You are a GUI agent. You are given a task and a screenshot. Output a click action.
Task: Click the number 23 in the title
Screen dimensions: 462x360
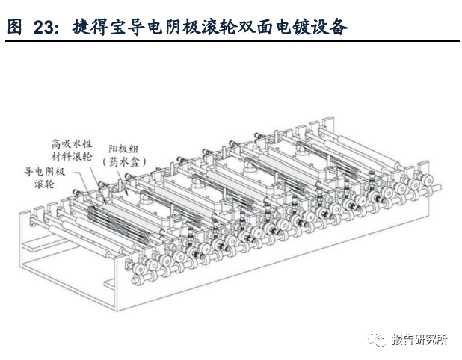(43, 28)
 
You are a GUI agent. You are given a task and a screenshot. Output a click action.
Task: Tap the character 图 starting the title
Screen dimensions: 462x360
(15, 28)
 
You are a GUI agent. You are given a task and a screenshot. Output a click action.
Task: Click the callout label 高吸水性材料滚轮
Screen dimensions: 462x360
(73, 150)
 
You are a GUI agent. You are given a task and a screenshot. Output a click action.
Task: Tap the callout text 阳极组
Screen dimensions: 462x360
(124, 149)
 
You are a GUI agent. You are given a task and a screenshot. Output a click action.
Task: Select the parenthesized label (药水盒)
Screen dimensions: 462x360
(124, 161)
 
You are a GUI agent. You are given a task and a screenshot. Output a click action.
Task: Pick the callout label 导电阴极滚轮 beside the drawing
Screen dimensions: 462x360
(45, 178)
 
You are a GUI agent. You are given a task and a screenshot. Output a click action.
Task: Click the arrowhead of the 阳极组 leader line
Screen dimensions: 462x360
(126, 193)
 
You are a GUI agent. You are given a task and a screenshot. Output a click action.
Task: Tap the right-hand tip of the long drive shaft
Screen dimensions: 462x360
(440, 187)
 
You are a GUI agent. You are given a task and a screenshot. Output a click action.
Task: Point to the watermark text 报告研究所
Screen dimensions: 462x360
(419, 339)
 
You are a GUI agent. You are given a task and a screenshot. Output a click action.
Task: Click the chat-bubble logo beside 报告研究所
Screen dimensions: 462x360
(377, 339)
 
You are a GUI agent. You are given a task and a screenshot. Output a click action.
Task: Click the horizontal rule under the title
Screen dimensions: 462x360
(232, 41)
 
